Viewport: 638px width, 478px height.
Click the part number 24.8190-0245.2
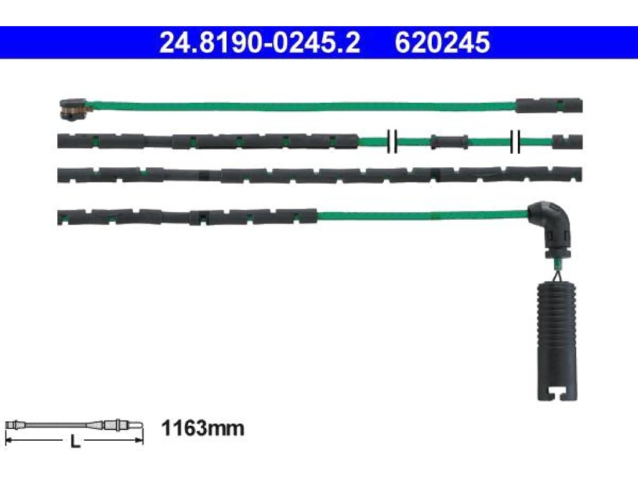coord(260,43)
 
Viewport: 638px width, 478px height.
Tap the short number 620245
coord(442,43)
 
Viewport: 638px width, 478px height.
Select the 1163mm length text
coord(202,428)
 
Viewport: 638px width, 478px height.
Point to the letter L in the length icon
coord(75,441)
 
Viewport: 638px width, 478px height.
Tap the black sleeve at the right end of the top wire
coord(549,105)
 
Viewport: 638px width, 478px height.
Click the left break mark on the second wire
coord(392,142)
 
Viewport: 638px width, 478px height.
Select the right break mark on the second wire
coord(515,142)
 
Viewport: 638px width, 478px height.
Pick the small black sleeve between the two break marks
coord(449,142)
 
